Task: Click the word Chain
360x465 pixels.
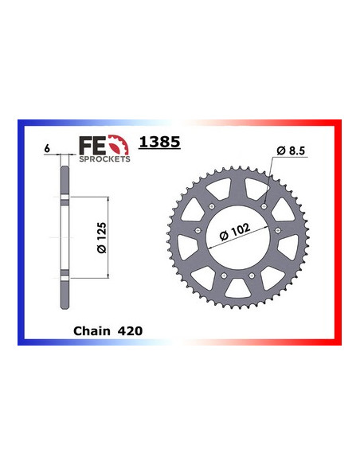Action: tap(89, 328)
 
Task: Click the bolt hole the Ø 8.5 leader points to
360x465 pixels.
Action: tap(262, 205)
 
